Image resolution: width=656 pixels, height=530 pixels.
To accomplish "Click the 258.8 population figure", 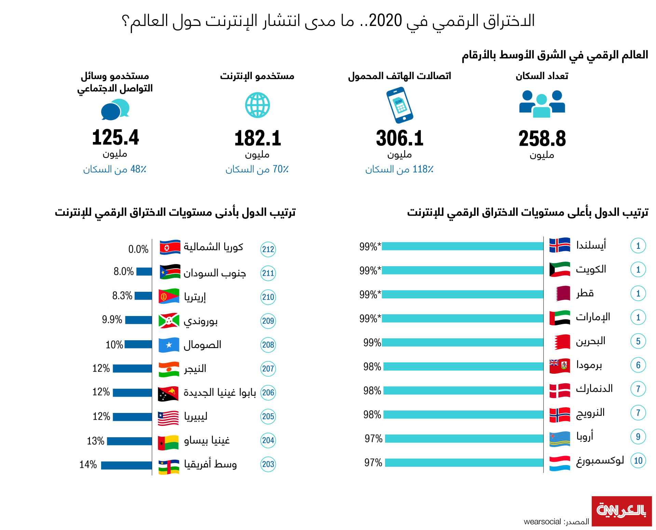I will pyautogui.click(x=542, y=139).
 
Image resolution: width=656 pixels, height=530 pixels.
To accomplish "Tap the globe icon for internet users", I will pyautogui.click(x=257, y=105).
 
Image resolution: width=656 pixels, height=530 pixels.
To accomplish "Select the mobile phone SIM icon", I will pyautogui.click(x=399, y=105).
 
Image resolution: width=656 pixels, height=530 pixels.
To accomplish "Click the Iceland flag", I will pyautogui.click(x=559, y=245).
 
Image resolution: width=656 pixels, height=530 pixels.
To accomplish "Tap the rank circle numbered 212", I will pyautogui.click(x=268, y=249).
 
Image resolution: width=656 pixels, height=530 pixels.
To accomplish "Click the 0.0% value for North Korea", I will pyautogui.click(x=138, y=249).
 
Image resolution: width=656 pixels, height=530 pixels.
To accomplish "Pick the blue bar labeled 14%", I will pyautogui.click(x=126, y=465).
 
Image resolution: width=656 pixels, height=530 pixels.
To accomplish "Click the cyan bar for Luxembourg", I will pyautogui.click(x=464, y=462).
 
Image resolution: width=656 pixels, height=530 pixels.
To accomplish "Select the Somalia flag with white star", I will pyautogui.click(x=169, y=345).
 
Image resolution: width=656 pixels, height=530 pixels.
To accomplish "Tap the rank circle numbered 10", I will pyautogui.click(x=638, y=461).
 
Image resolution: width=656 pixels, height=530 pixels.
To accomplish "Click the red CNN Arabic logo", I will pyautogui.click(x=621, y=511).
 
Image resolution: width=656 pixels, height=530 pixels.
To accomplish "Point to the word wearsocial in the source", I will pyautogui.click(x=542, y=522).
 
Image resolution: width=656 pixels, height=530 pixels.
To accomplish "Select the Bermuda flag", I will pyautogui.click(x=559, y=366).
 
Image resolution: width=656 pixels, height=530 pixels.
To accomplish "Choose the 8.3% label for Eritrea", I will pyautogui.click(x=122, y=296).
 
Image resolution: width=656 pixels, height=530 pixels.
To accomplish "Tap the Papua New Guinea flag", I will pyautogui.click(x=168, y=393).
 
